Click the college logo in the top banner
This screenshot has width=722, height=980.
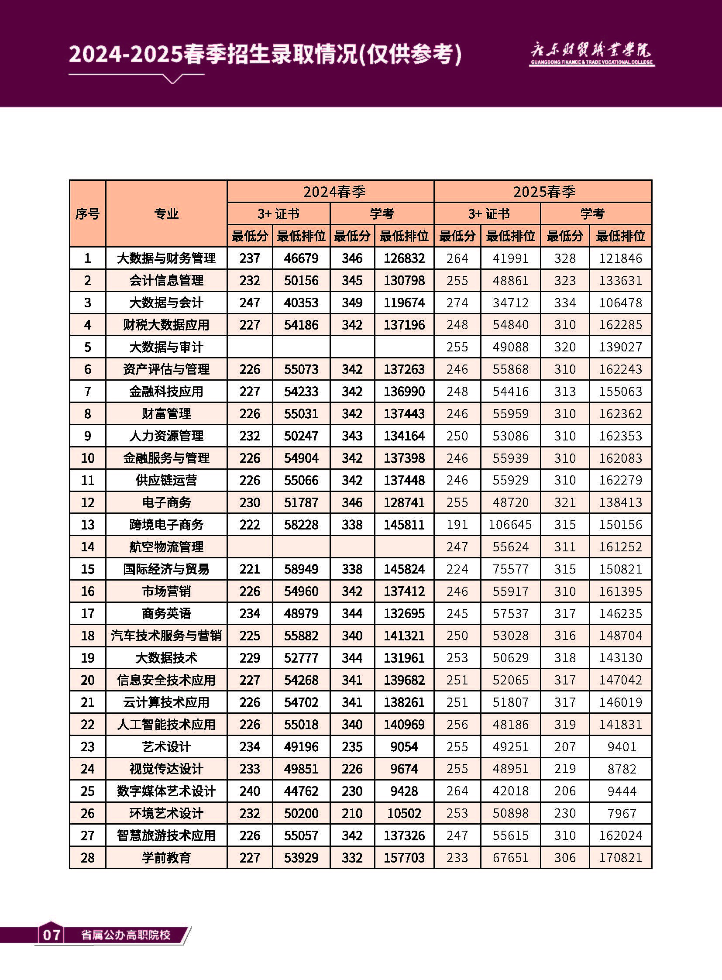591,54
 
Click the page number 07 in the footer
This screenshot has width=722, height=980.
52,935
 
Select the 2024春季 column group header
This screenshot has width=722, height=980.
334,192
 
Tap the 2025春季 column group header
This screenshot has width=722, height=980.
544,192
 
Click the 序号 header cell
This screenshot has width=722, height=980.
87,214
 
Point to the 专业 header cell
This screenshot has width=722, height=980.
166,214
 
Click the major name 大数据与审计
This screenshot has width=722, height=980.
166,347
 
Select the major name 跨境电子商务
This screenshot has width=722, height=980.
166,525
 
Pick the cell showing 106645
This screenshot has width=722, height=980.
510,525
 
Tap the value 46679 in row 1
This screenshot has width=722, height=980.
301,258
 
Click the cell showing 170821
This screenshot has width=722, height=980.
620,858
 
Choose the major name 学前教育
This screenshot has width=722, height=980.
166,858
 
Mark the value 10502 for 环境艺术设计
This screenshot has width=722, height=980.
404,813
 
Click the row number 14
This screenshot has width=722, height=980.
87,547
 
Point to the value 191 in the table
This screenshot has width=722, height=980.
457,525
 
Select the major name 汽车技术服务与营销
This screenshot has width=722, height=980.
166,636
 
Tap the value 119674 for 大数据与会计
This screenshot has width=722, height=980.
404,303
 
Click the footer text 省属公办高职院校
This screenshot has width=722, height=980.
126,935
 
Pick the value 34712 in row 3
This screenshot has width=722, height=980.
510,303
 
